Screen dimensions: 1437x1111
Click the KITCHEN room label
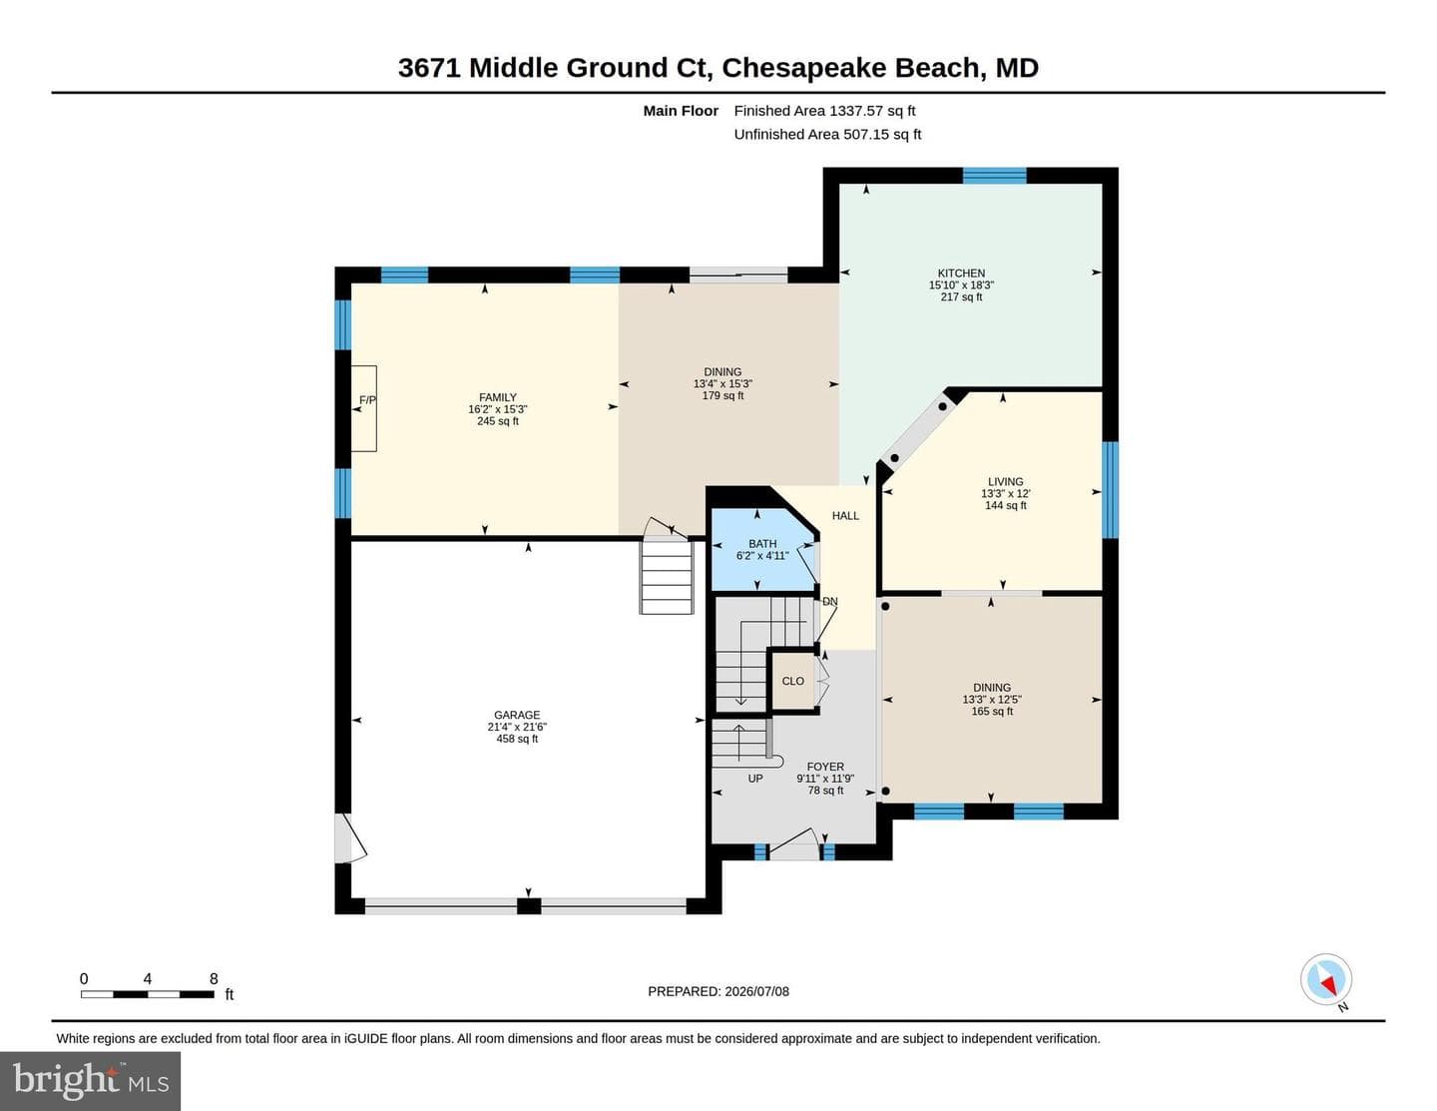[961, 274]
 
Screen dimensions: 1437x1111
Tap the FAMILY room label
[497, 397]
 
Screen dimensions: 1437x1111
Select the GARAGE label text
[517, 715]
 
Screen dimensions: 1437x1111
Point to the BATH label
[762, 544]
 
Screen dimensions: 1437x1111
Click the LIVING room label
[1005, 481]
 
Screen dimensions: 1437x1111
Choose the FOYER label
[825, 767]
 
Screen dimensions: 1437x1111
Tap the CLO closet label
[793, 681]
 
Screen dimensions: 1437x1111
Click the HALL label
[845, 516]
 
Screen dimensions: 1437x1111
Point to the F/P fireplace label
[367, 400]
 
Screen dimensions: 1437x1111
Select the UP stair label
[755, 779]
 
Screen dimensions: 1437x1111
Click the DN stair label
[830, 602]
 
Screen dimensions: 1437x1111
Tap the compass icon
[1326, 979]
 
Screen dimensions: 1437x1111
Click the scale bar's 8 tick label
[214, 978]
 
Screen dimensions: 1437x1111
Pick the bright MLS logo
[91, 1080]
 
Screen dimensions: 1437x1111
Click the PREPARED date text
[718, 991]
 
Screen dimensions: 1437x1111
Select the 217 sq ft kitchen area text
[961, 296]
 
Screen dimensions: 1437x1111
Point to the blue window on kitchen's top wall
[994, 176]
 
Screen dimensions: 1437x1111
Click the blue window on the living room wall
[1111, 490]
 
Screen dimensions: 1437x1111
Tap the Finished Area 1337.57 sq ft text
[824, 111]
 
